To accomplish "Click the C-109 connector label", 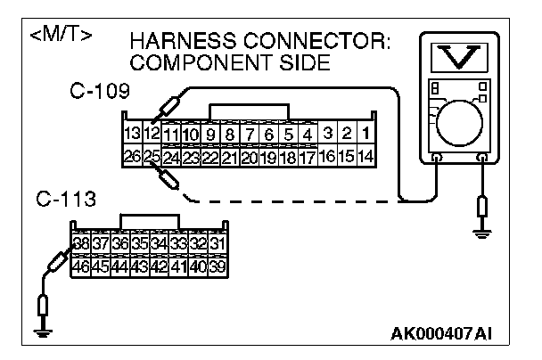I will click(98, 92).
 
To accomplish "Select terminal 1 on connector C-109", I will click(368, 135).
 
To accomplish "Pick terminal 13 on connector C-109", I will click(132, 135).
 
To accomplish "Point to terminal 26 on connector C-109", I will click(132, 157).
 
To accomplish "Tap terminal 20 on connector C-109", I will click(250, 157).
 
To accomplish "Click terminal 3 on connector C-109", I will click(328, 135).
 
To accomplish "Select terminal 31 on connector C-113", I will click(217, 242).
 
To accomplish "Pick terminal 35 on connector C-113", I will click(139, 242).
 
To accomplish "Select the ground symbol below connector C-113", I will click(41, 331).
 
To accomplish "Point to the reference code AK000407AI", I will click(440, 335).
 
